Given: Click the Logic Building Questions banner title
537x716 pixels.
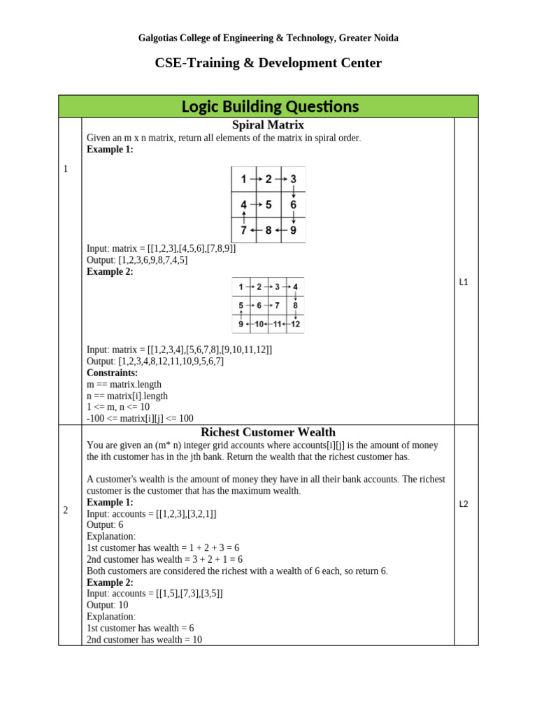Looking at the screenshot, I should (x=269, y=107).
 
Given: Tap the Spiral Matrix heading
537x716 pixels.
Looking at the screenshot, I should (x=268, y=125).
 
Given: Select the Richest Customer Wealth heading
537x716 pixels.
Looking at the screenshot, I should (x=268, y=432).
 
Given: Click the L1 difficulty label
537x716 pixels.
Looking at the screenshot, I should (x=464, y=282).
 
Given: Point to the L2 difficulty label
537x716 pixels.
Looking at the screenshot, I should (x=464, y=504).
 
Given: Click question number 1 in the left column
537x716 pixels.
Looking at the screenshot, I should (x=66, y=169).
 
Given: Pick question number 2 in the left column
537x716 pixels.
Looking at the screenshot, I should (x=66, y=510).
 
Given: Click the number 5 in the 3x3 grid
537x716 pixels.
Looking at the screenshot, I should (x=268, y=205).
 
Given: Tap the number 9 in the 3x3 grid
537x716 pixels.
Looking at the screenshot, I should (x=293, y=230).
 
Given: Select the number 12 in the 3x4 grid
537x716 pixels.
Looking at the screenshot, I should (x=295, y=324).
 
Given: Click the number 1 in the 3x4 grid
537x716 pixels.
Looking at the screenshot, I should (x=241, y=287).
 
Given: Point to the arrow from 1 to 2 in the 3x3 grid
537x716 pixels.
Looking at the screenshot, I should (x=256, y=179).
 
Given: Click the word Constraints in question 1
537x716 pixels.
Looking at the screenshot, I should (x=112, y=373).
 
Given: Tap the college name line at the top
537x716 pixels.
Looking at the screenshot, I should (x=268, y=38).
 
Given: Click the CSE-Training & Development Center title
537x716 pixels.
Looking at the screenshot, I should (x=268, y=64).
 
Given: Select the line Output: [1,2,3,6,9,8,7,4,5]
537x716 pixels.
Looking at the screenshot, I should (x=137, y=260).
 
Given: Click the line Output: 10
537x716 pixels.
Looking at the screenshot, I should (x=108, y=605).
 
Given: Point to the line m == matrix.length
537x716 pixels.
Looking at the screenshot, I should (x=124, y=385).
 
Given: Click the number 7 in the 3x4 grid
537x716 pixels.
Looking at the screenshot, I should (x=277, y=306).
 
